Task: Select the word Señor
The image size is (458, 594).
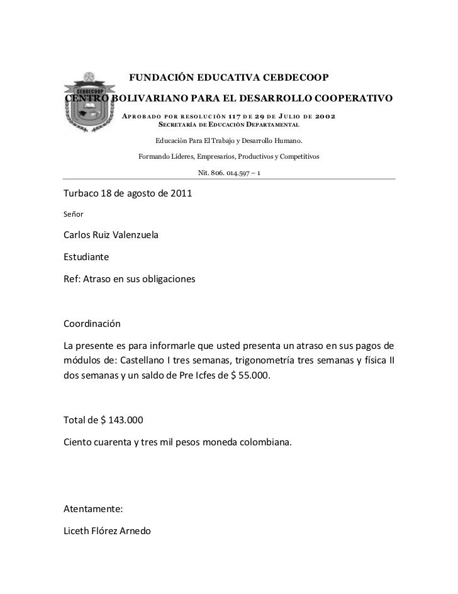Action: click(x=74, y=214)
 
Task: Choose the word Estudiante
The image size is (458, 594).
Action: click(x=87, y=258)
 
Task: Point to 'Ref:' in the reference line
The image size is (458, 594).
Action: click(x=73, y=279)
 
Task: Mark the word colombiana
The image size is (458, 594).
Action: click(x=265, y=442)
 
